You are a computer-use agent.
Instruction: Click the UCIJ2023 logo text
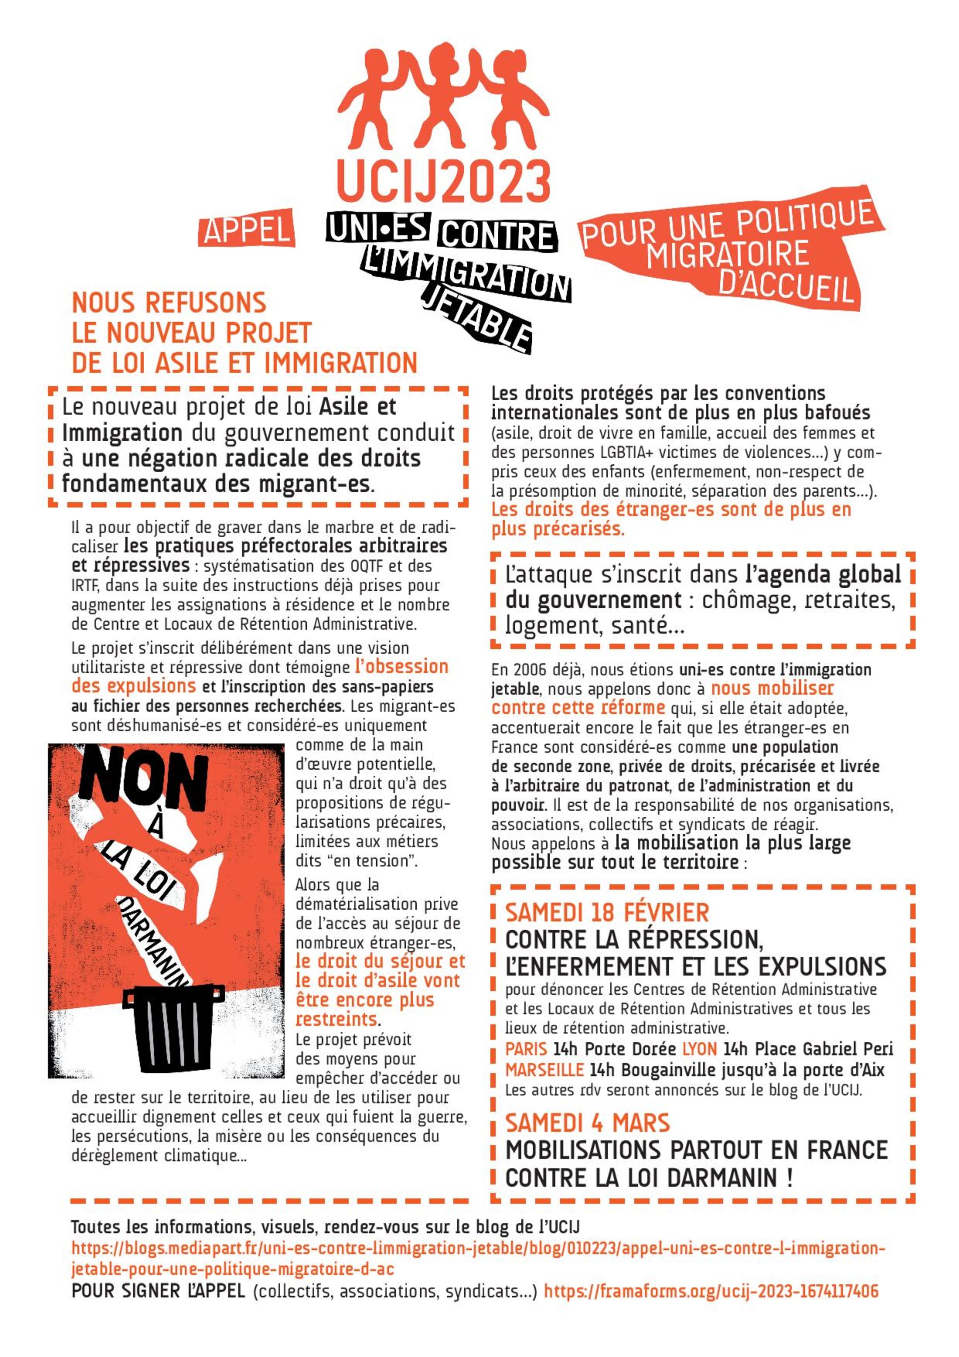[443, 180]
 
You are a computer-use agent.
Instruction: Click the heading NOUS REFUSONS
[169, 303]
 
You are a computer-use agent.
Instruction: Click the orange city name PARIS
[526, 1049]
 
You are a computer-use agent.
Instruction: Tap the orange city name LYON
[700, 1049]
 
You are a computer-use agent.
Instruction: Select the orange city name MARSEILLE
[544, 1070]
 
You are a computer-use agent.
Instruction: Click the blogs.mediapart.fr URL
[478, 1249]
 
